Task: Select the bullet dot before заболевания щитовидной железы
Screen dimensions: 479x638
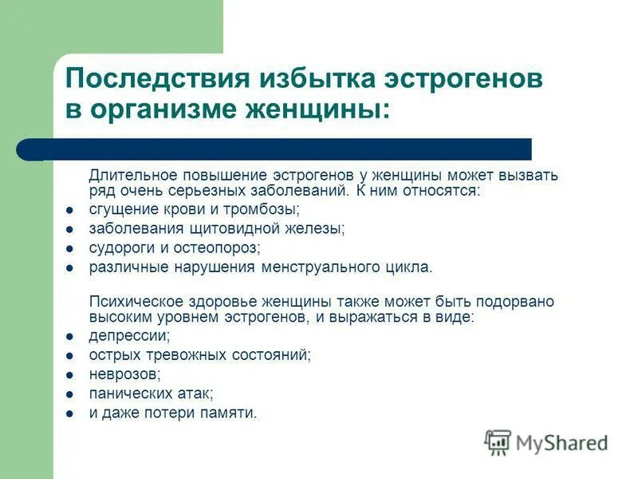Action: pyautogui.click(x=70, y=229)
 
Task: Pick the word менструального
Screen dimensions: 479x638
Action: pyautogui.click(x=317, y=267)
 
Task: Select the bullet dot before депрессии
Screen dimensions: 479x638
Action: pyautogui.click(x=70, y=336)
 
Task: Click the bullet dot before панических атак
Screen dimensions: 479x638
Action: pyautogui.click(x=70, y=394)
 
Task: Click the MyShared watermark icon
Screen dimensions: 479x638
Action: pyautogui.click(x=498, y=442)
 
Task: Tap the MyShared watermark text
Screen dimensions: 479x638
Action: pyautogui.click(x=561, y=442)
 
